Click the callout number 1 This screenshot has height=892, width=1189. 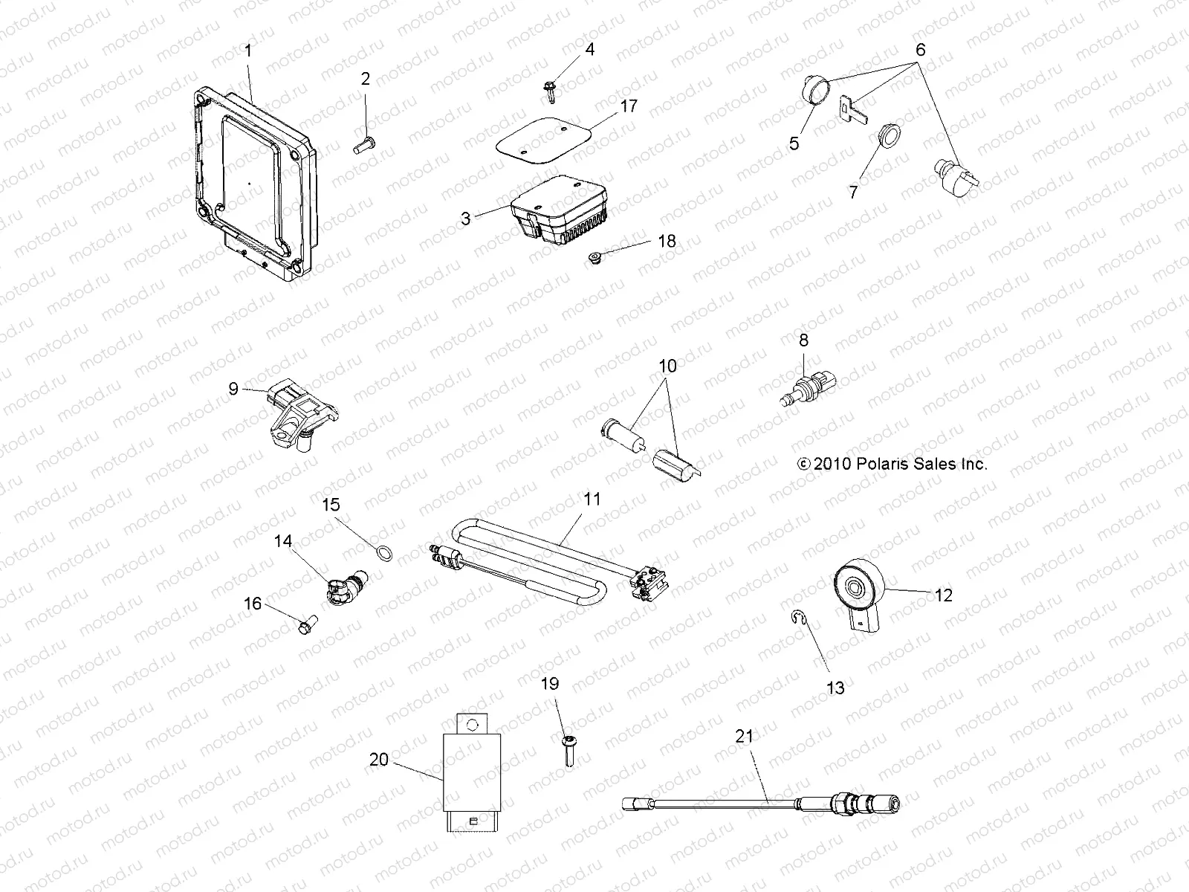[x=248, y=51]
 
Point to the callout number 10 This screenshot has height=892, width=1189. [x=667, y=366]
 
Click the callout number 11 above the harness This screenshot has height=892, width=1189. [x=592, y=500]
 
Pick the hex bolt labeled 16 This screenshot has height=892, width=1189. [x=306, y=627]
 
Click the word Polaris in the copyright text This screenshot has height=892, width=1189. [x=880, y=465]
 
